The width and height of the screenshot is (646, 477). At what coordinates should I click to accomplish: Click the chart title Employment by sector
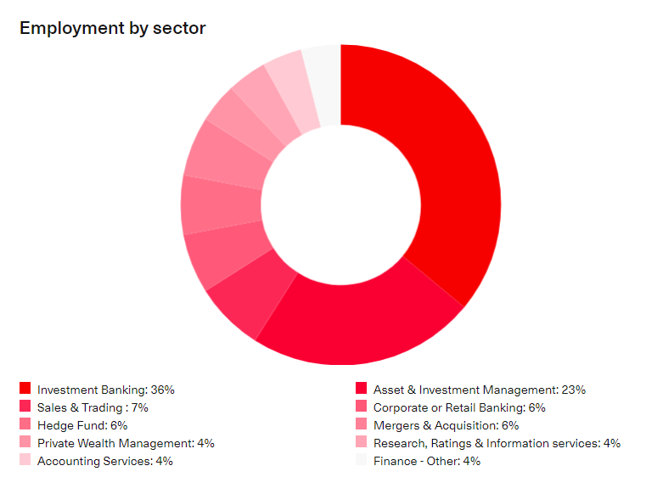point(112,28)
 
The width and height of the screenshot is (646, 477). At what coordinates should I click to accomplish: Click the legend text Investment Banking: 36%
point(105,390)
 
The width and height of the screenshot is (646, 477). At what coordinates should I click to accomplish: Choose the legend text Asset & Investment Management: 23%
point(479,390)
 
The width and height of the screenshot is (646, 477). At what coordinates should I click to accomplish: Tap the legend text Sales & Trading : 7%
point(93,407)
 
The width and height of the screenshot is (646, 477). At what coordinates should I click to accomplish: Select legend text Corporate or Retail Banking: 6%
point(459,407)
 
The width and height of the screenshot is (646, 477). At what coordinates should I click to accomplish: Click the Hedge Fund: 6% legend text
point(82,425)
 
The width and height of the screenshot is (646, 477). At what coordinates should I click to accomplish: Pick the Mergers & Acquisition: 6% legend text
point(446,425)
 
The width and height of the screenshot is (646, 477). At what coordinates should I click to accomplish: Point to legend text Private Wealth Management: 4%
point(126,443)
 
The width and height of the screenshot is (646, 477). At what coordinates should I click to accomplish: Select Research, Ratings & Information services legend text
point(497,443)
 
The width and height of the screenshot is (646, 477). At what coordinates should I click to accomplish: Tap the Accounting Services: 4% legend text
point(105,461)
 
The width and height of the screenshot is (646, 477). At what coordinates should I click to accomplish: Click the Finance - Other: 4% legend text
point(426,461)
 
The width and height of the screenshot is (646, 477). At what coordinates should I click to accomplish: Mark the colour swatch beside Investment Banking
point(25,389)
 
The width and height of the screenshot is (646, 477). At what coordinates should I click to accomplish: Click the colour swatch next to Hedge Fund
point(25,424)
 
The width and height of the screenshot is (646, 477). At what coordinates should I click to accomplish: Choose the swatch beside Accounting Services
point(25,460)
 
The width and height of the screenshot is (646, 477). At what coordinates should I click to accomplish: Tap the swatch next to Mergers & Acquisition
point(361,424)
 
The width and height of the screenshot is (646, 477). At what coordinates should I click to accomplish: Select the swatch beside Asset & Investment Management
point(361,389)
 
